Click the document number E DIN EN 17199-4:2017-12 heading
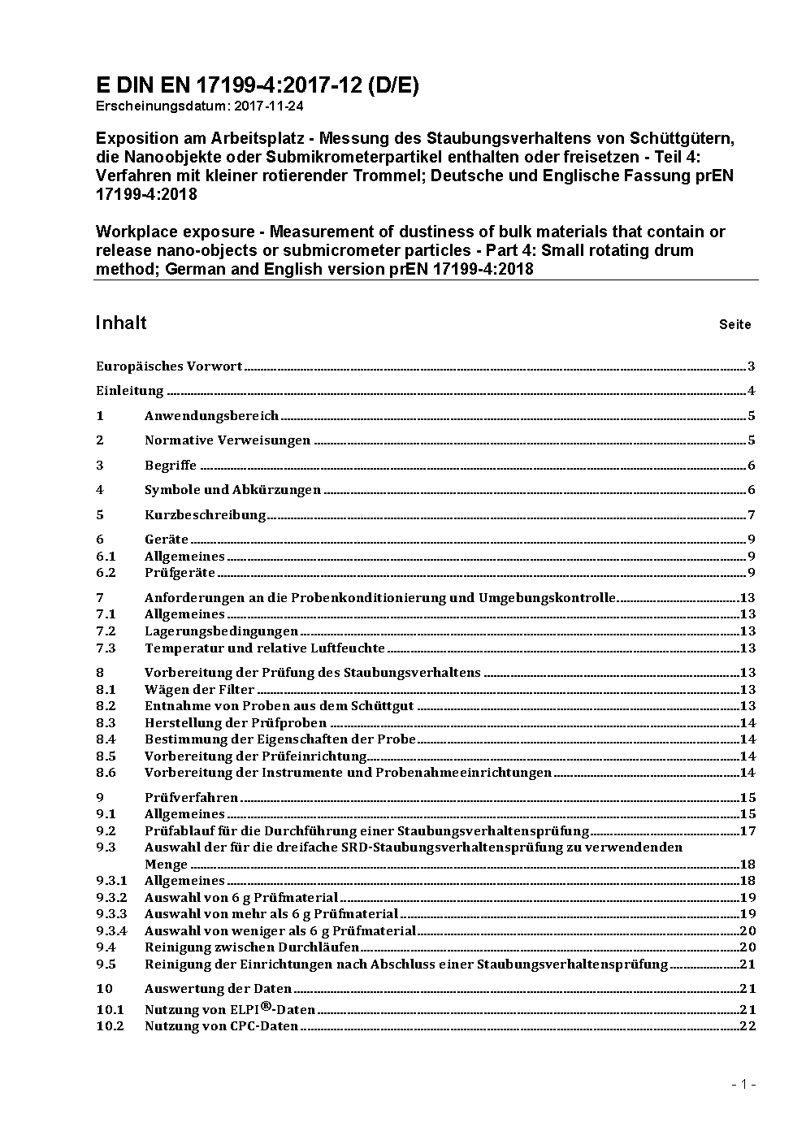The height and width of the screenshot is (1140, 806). click(x=257, y=86)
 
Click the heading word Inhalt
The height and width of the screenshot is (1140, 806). click(x=121, y=323)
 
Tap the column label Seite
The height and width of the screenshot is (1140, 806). click(x=734, y=325)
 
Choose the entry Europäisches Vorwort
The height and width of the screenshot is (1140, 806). click(x=169, y=366)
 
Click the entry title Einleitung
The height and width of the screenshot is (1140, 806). click(x=130, y=391)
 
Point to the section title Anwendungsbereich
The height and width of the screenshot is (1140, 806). click(x=211, y=416)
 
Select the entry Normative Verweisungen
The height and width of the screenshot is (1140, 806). click(x=227, y=440)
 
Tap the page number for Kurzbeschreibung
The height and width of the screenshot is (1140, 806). click(x=752, y=515)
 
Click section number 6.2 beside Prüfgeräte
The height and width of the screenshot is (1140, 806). click(x=106, y=573)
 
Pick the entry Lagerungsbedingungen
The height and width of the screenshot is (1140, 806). click(x=221, y=631)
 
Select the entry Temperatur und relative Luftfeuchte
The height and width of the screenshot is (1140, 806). click(x=265, y=648)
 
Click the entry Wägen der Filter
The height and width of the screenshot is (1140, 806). click(x=199, y=690)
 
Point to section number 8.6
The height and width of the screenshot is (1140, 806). click(x=106, y=773)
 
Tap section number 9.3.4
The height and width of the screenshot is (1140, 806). click(x=111, y=931)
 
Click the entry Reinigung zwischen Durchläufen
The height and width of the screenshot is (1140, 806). click(x=252, y=947)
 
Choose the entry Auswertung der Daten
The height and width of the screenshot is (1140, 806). click(x=218, y=989)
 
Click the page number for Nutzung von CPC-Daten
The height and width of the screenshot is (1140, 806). click(x=747, y=1026)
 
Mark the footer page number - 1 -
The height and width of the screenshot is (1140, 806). click(x=743, y=1084)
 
